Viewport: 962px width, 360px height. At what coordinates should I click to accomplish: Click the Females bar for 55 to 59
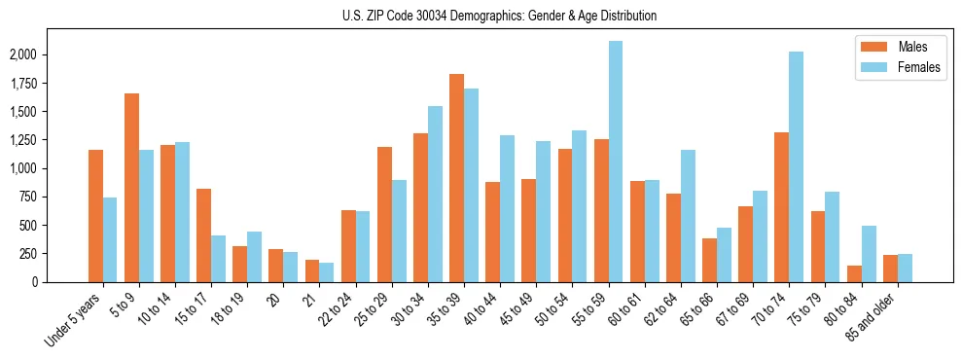pos(616,162)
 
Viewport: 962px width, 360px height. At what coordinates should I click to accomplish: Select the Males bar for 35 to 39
pos(456,178)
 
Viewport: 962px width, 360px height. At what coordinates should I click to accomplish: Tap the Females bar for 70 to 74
pos(797,166)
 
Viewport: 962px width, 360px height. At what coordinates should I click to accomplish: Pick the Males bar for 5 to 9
pos(131,188)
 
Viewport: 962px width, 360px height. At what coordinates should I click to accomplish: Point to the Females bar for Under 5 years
pos(110,239)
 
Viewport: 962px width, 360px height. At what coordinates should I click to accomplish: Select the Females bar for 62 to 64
pos(688,216)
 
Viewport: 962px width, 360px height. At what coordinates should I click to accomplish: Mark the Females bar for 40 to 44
pos(507,208)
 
